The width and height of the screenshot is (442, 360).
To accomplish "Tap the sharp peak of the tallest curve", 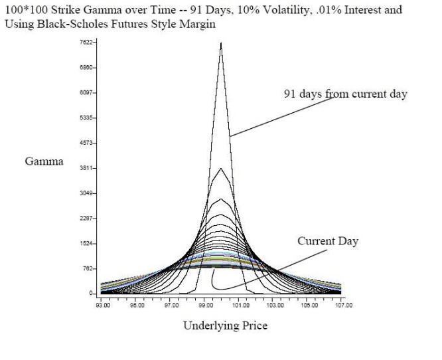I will [221, 44].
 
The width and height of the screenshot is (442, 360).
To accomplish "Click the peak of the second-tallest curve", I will [221, 169].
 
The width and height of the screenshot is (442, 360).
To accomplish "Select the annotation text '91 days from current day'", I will [345, 94].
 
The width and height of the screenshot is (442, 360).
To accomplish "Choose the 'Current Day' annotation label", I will [327, 241].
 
